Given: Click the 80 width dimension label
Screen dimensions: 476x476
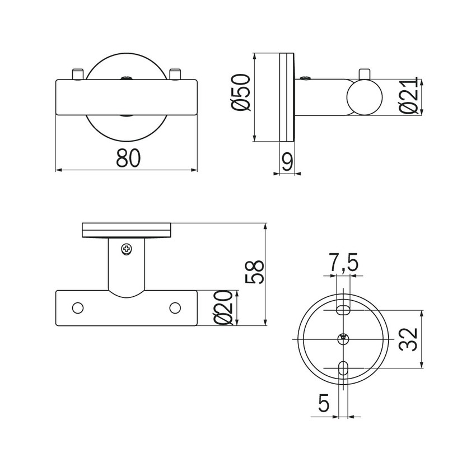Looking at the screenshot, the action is (x=128, y=158).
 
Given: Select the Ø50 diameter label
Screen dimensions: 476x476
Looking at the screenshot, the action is (x=241, y=92).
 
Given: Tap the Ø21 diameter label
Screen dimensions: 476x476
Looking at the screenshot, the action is (x=408, y=96).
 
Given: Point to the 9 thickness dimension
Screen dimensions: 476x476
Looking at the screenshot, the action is (x=287, y=161).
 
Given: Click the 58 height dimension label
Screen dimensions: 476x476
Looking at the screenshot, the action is (x=254, y=272).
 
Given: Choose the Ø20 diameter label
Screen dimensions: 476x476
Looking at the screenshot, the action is (x=223, y=307).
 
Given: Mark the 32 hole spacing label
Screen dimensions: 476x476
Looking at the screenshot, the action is (x=408, y=339).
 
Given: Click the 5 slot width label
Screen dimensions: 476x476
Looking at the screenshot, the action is (x=324, y=403).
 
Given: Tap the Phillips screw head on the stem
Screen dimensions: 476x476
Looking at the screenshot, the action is (x=127, y=249).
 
